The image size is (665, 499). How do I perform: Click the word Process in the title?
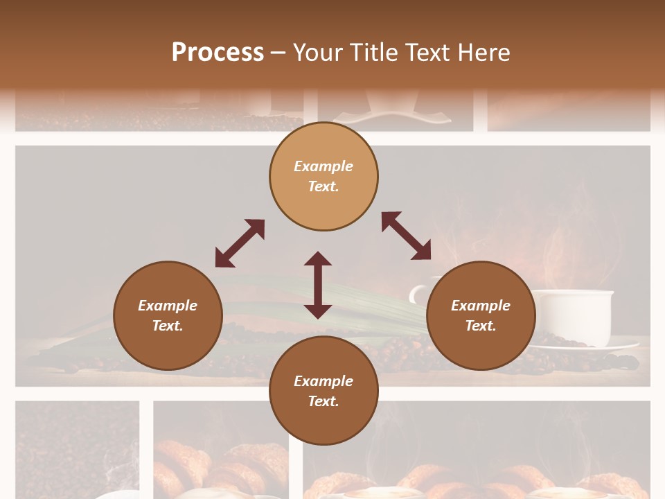(218, 53)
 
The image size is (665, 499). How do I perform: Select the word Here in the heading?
(482, 53)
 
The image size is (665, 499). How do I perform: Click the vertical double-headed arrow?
(318, 285)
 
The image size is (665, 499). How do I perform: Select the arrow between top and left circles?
(240, 243)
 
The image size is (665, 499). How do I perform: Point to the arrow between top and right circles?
(406, 236)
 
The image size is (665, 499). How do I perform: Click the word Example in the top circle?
(323, 166)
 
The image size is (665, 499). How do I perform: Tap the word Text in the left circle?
(168, 326)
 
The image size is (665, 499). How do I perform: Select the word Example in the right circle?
(481, 306)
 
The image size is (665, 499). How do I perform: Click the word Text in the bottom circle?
(323, 401)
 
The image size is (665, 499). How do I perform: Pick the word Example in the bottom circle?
(323, 381)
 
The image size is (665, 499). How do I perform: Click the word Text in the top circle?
(323, 186)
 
